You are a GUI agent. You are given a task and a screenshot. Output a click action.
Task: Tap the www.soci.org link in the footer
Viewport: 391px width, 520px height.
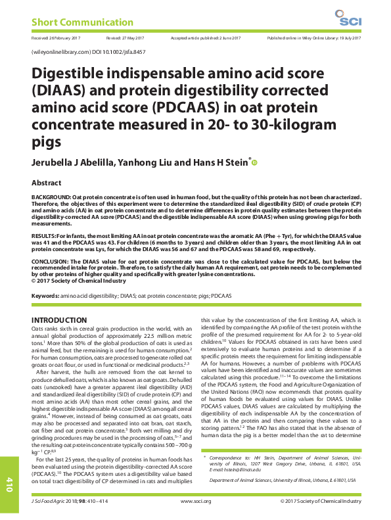tap(195, 502)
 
